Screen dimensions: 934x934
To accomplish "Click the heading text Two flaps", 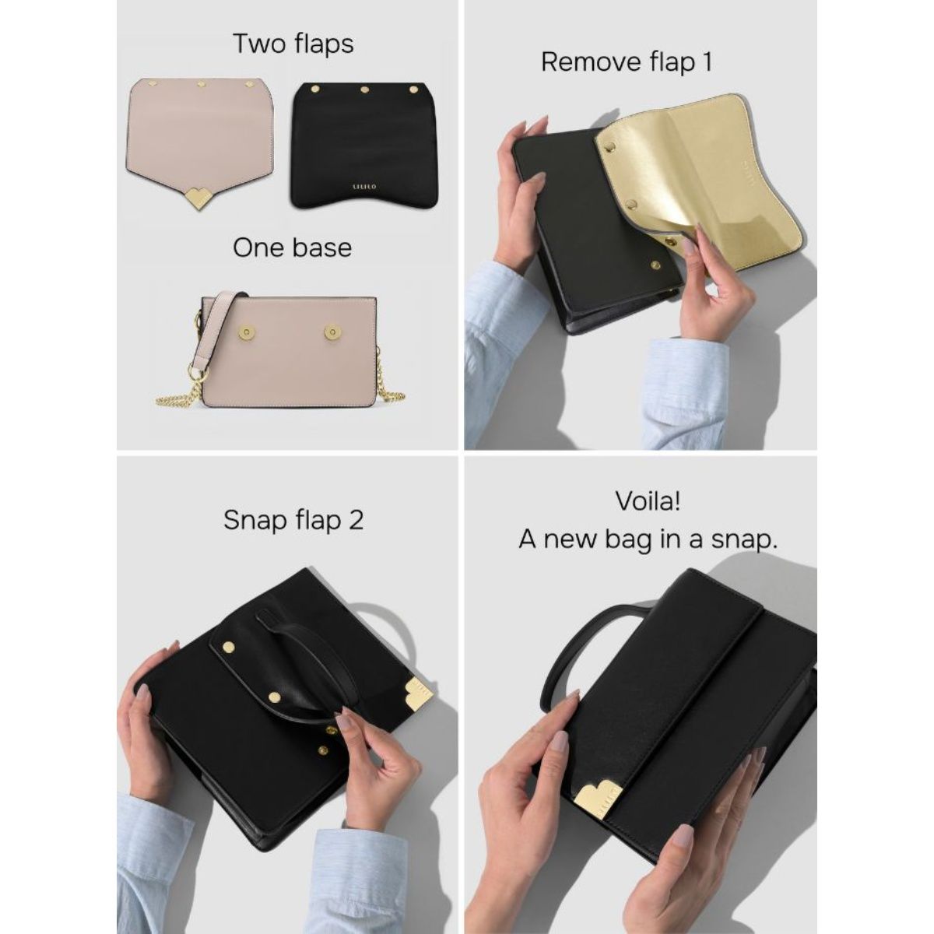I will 293,44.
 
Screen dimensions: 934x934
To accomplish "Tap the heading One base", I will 292,248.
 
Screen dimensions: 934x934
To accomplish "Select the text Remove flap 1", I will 626,62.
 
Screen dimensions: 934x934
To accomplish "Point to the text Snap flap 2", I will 293,520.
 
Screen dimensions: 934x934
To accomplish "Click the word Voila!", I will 648,501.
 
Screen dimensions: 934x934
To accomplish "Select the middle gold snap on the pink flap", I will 201,83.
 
